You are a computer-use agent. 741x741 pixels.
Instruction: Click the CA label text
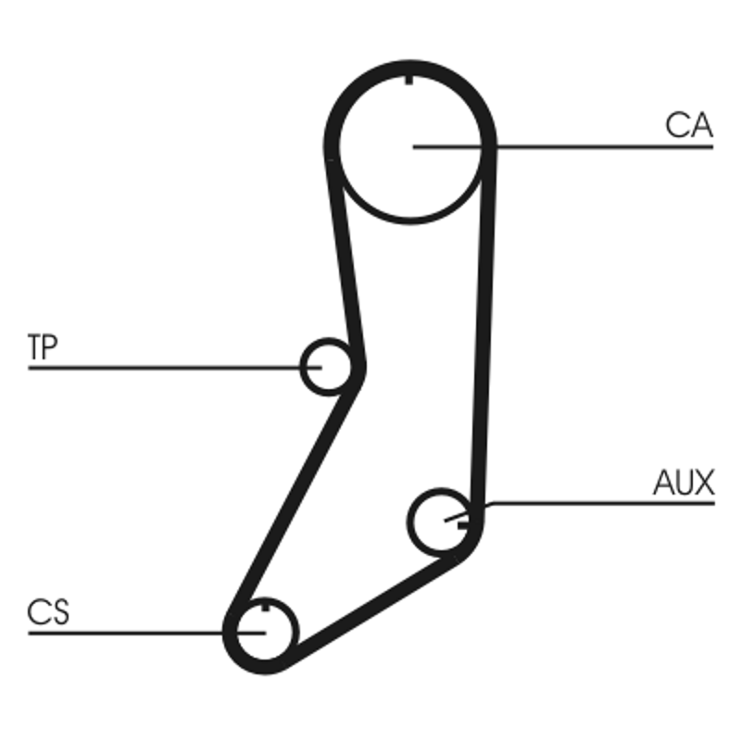tap(688, 126)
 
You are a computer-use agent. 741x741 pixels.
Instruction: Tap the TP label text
tap(43, 347)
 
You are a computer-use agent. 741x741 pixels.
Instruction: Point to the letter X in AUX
tap(703, 483)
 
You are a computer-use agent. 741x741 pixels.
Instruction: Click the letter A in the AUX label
tap(663, 483)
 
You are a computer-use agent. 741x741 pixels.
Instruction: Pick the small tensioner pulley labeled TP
tap(328, 366)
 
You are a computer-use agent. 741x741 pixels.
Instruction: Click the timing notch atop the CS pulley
tap(265, 608)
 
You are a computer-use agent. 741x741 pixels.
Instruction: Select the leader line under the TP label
tap(167, 368)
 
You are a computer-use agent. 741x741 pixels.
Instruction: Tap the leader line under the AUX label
tap(602, 503)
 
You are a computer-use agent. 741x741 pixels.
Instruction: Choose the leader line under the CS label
tap(130, 633)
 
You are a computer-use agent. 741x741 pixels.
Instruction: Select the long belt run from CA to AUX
tap(484, 324)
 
